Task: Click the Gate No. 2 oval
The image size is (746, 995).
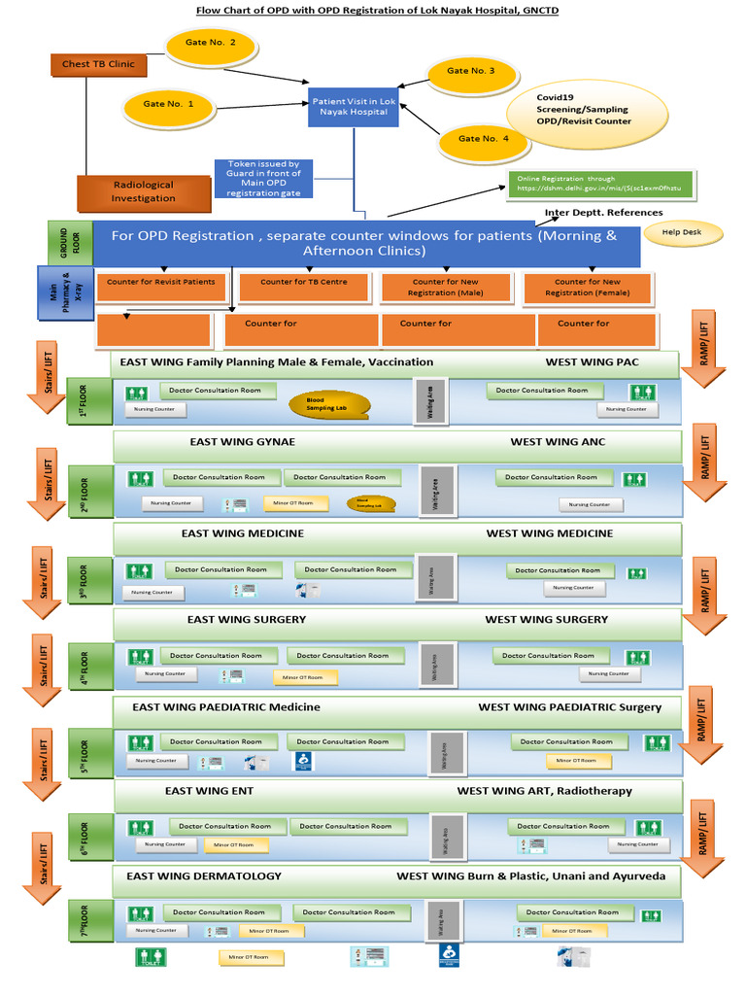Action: point(211,44)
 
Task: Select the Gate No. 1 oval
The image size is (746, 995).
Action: point(168,103)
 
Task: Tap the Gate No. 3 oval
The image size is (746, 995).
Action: point(470,71)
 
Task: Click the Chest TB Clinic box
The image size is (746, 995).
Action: point(98,65)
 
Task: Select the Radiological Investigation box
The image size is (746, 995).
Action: point(144,191)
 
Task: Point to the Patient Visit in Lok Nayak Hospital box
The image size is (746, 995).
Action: point(353,107)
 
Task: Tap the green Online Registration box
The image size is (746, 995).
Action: point(599,185)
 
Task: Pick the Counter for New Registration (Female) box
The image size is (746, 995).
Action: point(585,287)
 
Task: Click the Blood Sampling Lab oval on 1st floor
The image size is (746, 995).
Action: point(329,403)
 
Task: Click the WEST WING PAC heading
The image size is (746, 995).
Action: point(592,362)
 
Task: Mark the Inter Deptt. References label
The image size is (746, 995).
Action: point(603,213)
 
